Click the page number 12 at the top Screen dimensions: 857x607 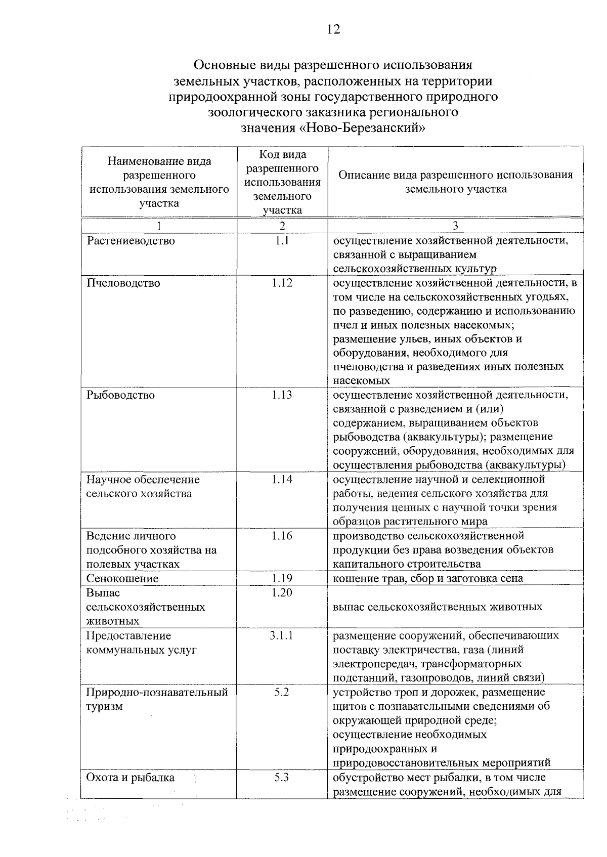coord(333,29)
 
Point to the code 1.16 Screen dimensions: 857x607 coord(282,536)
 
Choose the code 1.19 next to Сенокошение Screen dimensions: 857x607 coord(282,578)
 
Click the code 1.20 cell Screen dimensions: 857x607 coord(282,592)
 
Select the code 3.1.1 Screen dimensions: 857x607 coord(282,635)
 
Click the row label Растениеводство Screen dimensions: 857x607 coord(131,241)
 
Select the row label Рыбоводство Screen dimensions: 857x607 coord(120,395)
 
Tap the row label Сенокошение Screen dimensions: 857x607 coord(122,578)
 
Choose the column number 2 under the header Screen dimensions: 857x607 coord(282,226)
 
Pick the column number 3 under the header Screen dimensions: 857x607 coord(455,226)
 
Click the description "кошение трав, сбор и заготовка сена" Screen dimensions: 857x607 coord(428,578)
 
